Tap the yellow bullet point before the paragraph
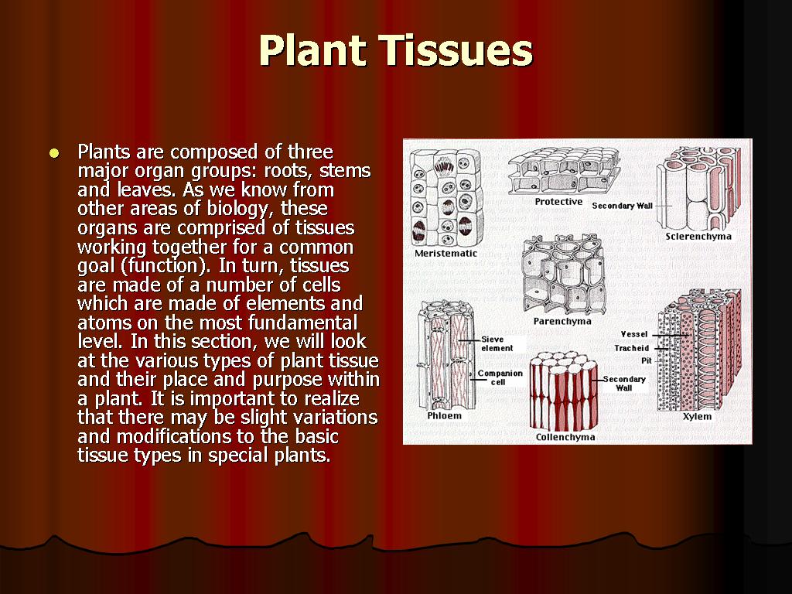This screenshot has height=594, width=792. point(53,153)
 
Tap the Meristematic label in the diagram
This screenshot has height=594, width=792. point(445,254)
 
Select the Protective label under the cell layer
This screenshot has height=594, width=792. point(558,202)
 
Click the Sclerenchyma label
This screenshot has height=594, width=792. point(698,237)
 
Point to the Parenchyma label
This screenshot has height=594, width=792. point(562,321)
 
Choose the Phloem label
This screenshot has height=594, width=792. point(444,416)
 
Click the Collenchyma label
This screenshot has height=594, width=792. point(565,437)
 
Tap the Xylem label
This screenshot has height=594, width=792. point(697,417)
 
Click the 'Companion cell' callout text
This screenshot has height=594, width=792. point(500,377)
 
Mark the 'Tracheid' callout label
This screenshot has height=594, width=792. point(631,348)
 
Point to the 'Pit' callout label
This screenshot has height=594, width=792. point(646,360)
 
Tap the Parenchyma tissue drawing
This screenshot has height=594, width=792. point(562,275)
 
